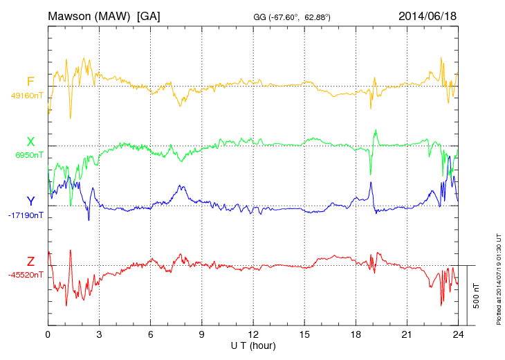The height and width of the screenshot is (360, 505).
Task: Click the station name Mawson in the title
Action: [x=71, y=15]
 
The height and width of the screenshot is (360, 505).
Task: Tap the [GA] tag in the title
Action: [x=149, y=15]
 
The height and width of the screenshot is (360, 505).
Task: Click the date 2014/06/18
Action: [x=428, y=15]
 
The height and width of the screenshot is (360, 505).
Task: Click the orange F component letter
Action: [x=30, y=82]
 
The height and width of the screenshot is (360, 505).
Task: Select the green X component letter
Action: [x=30, y=142]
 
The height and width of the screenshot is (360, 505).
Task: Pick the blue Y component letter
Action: [x=30, y=201]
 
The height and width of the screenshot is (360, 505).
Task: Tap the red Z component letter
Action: [x=30, y=261]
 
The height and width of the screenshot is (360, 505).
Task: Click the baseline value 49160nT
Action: [x=26, y=96]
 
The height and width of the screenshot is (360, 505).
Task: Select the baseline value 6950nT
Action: [x=28, y=155]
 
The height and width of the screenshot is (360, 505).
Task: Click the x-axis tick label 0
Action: [x=48, y=335]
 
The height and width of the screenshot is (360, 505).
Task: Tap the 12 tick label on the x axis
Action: [x=253, y=335]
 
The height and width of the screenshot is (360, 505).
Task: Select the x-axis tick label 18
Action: [x=356, y=335]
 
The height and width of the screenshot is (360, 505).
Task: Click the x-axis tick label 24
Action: [x=458, y=335]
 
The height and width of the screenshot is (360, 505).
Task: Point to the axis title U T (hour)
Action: [x=253, y=345]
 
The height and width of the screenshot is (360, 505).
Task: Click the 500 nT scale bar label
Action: [x=476, y=296]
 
